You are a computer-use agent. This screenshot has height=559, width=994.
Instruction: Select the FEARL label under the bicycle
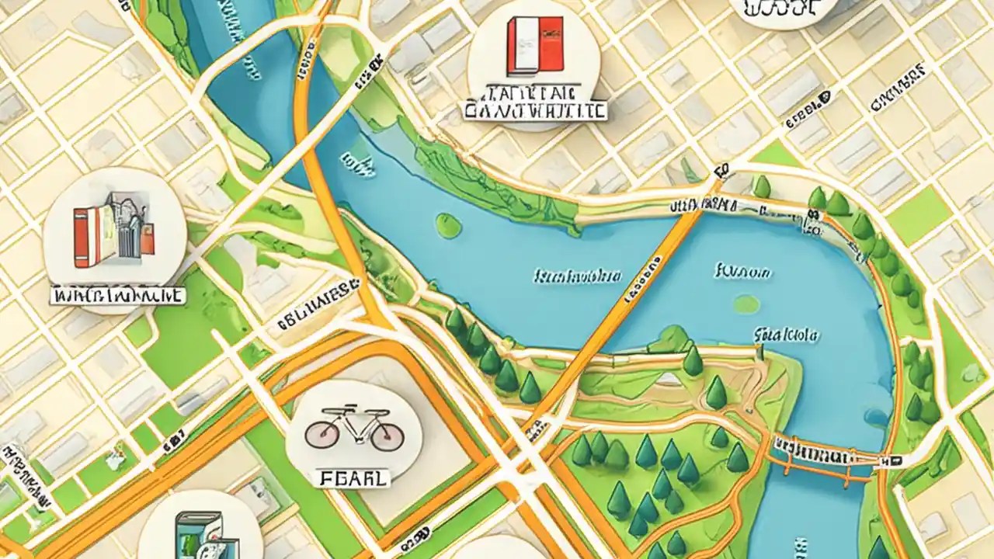[x=354, y=479]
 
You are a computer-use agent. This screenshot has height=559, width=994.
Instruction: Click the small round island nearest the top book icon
[x=448, y=225]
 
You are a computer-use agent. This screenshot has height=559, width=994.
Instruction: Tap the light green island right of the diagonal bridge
[x=746, y=304]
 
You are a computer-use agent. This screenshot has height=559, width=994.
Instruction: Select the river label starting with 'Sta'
[x=785, y=336]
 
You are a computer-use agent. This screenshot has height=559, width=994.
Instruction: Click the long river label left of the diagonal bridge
[x=578, y=276]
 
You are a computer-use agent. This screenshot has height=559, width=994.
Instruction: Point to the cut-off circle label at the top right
[x=784, y=10]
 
